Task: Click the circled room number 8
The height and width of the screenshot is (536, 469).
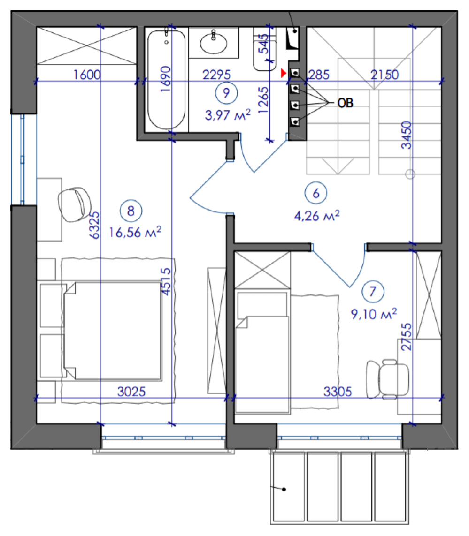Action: [x=131, y=211]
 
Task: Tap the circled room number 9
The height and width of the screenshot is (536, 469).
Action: [x=226, y=93]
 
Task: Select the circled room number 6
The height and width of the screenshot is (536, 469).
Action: [x=315, y=193]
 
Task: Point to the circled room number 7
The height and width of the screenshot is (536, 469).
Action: [x=373, y=292]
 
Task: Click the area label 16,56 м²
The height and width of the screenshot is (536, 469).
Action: [x=135, y=232]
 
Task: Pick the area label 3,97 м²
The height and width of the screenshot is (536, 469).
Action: [x=228, y=114]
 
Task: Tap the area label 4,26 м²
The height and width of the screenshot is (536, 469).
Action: [x=317, y=215]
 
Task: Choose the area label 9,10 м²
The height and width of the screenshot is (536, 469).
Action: [x=374, y=313]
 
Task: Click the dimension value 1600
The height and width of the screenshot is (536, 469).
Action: [x=87, y=75]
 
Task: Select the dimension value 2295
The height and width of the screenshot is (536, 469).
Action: [x=217, y=75]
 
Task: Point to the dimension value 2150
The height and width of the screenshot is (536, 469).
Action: [x=385, y=75]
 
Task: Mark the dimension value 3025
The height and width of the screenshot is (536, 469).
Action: [x=131, y=392]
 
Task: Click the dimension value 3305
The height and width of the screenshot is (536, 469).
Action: [x=338, y=392]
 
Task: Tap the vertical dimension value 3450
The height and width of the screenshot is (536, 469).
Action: [x=407, y=135]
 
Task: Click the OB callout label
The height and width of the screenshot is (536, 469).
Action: [x=345, y=103]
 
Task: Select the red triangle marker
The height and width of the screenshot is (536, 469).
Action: [x=283, y=73]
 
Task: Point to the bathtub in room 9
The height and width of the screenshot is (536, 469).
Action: [x=166, y=80]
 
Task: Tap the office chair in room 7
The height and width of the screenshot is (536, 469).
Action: [x=387, y=379]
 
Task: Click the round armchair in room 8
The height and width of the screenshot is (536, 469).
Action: [x=75, y=204]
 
